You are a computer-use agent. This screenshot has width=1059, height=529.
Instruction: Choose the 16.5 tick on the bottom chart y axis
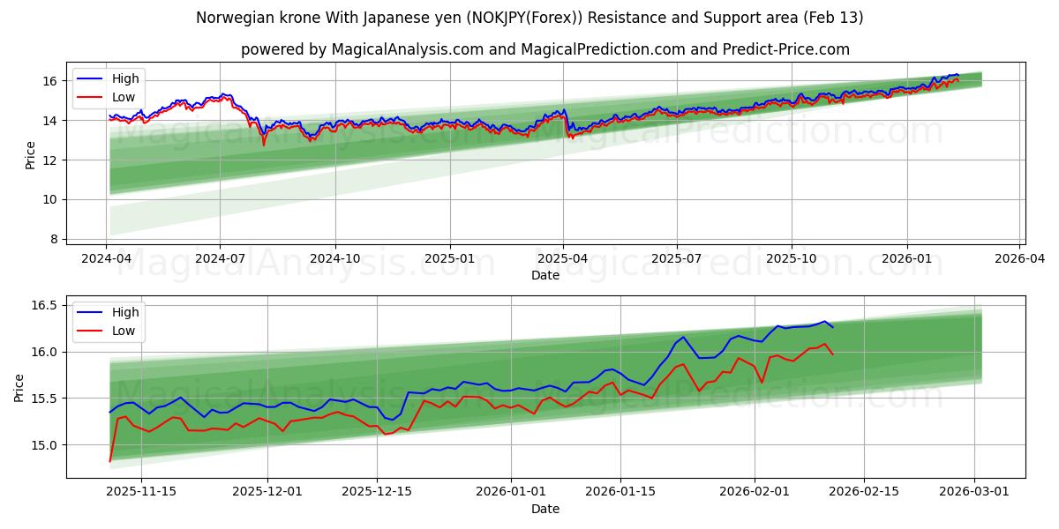click(x=44, y=305)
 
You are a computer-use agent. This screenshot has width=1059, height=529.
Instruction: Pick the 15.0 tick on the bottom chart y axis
click(x=44, y=445)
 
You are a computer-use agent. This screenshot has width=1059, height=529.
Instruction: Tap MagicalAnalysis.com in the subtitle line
click(x=407, y=49)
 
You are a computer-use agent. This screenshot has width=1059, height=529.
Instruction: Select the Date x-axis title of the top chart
click(x=545, y=275)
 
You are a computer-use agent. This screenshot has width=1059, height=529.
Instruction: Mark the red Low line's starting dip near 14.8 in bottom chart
click(x=109, y=460)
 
